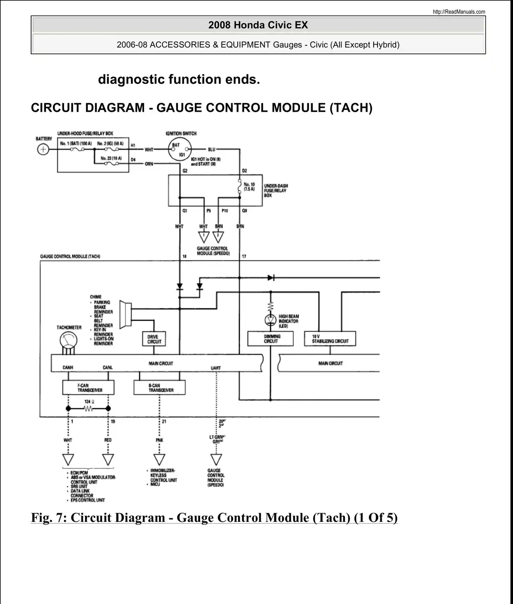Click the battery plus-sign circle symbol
tap(43, 150)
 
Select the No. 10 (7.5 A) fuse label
tap(249, 187)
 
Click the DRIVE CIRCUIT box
tap(154, 339)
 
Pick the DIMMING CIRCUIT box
tap(271, 339)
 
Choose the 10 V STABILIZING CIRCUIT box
tap(330, 339)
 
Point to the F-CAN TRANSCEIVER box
tap(88, 388)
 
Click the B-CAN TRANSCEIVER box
tap(160, 388)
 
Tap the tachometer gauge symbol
tap(68, 341)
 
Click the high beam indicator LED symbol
tap(271, 320)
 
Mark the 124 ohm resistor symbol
tap(88, 409)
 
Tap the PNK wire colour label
tap(159, 440)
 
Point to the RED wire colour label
tap(108, 440)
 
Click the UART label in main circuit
tap(216, 368)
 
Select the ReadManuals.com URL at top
tap(459, 12)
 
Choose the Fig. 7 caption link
tap(214, 518)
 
